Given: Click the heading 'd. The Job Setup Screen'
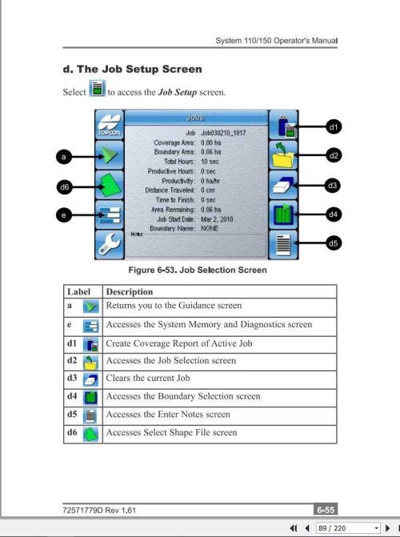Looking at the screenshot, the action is click(x=132, y=70).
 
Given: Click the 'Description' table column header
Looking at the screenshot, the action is click(x=129, y=292).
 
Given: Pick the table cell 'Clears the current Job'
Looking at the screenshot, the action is click(x=154, y=378).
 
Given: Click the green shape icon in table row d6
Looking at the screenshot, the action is click(x=92, y=433).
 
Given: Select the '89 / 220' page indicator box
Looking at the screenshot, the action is click(x=341, y=529).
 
